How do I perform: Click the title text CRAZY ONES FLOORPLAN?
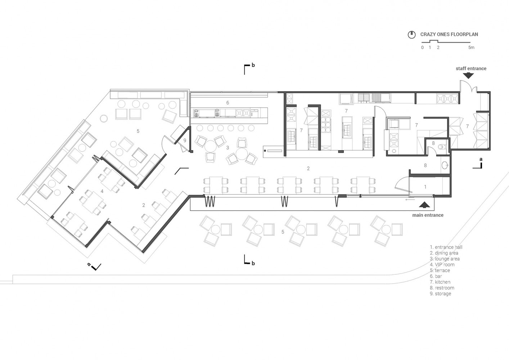(449, 34)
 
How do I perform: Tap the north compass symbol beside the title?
(411, 35)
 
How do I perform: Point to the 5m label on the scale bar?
(471, 48)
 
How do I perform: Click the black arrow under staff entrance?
(468, 76)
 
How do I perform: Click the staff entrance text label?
(471, 68)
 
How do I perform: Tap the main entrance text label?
(428, 215)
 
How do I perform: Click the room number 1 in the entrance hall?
(425, 187)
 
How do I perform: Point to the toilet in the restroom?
(442, 147)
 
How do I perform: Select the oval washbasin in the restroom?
(445, 165)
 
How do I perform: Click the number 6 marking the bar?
(228, 103)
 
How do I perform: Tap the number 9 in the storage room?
(185, 140)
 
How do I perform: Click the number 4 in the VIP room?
(102, 192)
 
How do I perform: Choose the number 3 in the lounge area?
(228, 148)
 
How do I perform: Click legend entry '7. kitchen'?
(440, 282)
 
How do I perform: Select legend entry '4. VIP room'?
(442, 265)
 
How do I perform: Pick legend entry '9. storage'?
(440, 294)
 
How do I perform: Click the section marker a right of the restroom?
(478, 163)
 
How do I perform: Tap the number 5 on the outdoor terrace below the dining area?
(283, 232)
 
